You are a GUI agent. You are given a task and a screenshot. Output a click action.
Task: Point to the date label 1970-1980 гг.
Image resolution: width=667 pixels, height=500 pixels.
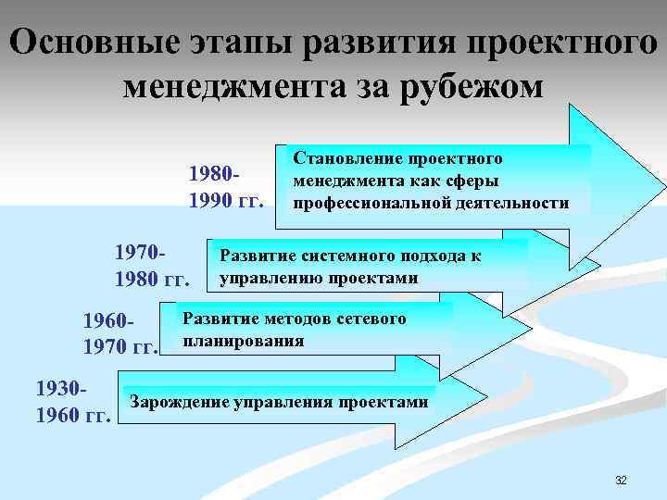(x=151, y=265)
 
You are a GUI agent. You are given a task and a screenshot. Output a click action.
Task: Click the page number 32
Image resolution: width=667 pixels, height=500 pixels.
(x=621, y=480)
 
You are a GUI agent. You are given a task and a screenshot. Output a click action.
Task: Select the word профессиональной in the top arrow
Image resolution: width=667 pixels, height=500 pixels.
(x=364, y=203)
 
